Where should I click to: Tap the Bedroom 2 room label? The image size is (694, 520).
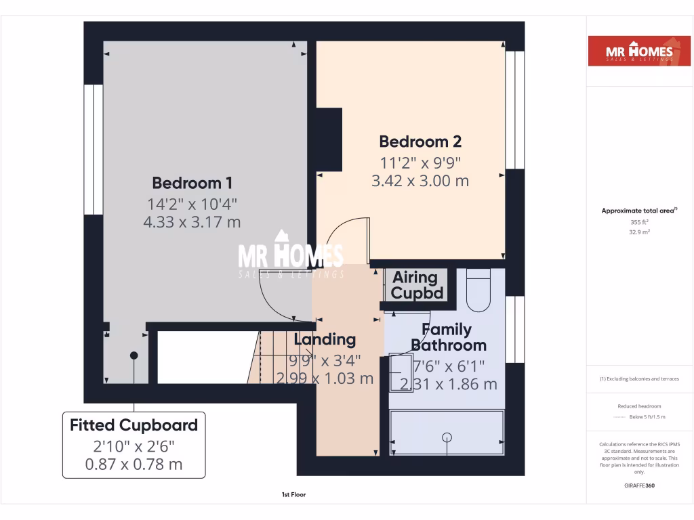click(x=420, y=142)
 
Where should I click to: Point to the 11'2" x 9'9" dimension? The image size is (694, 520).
click(x=420, y=162)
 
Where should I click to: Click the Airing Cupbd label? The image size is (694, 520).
click(x=415, y=285)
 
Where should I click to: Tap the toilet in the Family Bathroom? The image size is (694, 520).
click(x=478, y=291)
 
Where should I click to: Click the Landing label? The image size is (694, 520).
click(x=325, y=339)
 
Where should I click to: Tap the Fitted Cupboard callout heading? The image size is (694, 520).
click(x=134, y=425)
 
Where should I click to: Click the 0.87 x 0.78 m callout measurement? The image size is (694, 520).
click(x=134, y=464)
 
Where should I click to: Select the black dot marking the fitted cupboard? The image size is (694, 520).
click(x=134, y=355)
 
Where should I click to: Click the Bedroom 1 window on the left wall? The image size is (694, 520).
click(x=94, y=150)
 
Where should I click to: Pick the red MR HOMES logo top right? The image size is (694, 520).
click(x=634, y=51)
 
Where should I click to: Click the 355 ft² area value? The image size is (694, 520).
click(x=639, y=222)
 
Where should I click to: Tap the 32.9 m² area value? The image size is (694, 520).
click(x=639, y=232)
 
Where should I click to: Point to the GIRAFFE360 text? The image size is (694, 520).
click(x=639, y=485)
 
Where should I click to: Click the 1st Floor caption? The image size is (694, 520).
click(x=294, y=495)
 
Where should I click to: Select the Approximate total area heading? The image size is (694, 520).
click(x=638, y=211)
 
